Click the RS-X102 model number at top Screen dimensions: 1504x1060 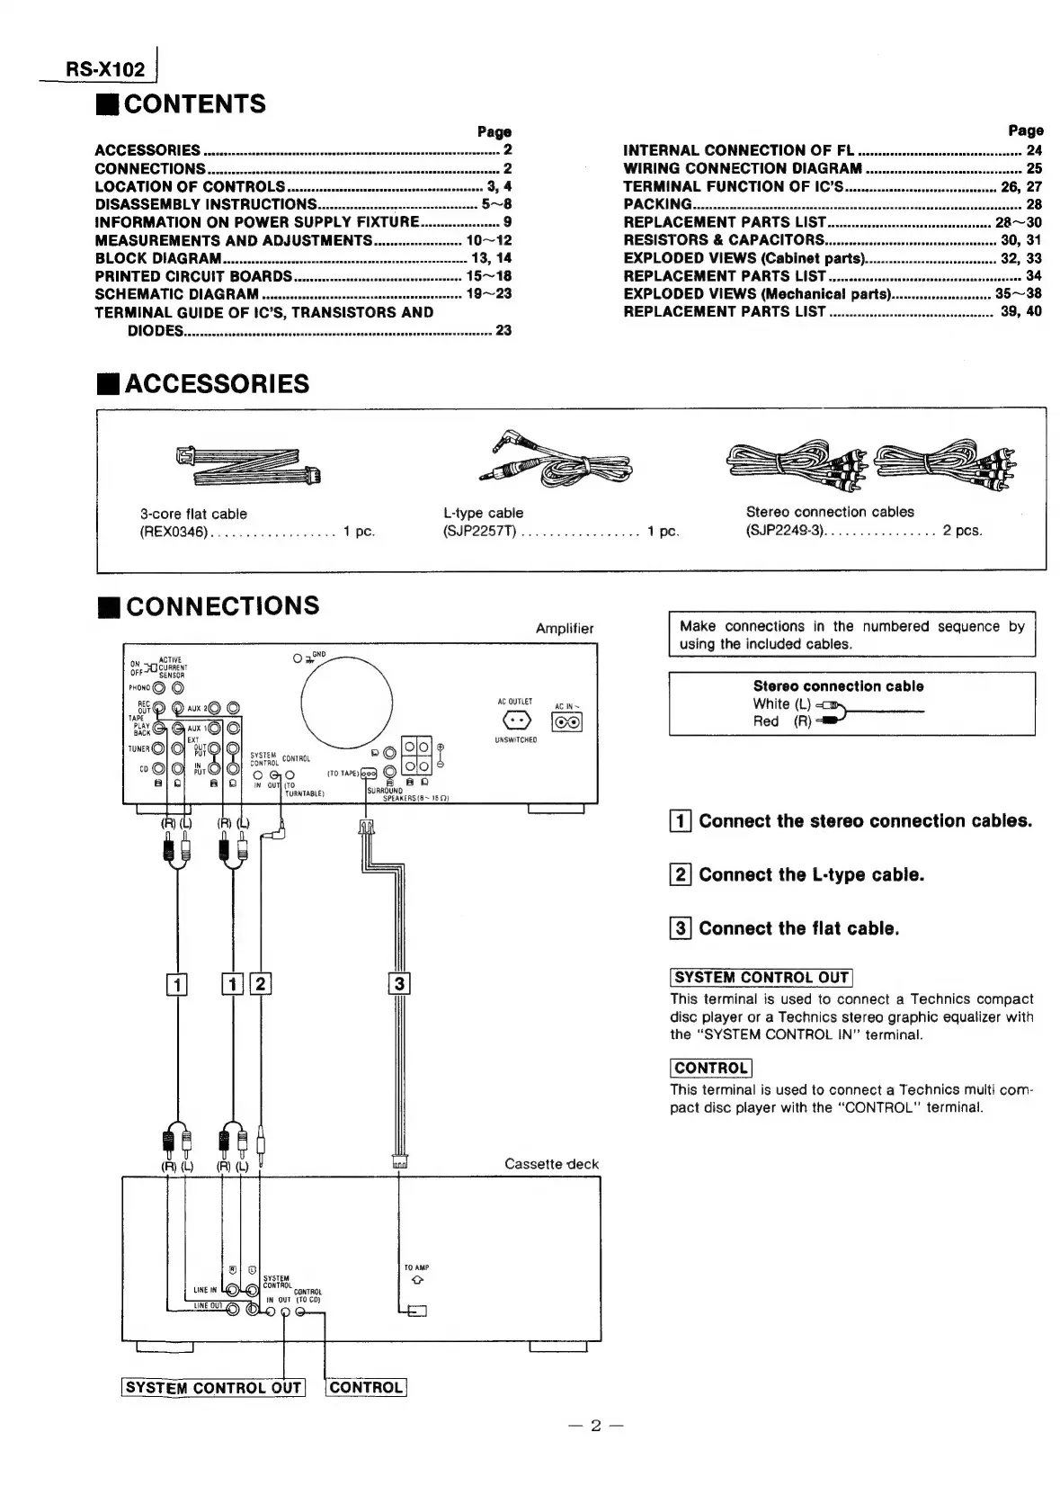point(104,69)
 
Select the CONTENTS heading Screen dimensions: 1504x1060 point(194,104)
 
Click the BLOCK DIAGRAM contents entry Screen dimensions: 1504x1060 point(158,258)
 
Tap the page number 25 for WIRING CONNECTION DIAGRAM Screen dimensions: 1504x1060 point(1034,168)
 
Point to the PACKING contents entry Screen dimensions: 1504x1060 point(657,204)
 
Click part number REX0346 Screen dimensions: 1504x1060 point(174,532)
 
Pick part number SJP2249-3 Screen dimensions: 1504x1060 point(784,531)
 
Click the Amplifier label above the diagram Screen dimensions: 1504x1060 point(564,629)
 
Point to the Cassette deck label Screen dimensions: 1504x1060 point(551,1164)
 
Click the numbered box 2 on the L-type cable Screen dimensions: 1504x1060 point(260,983)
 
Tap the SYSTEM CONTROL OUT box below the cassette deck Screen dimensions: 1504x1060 point(213,1388)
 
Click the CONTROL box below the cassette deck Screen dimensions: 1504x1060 point(366,1388)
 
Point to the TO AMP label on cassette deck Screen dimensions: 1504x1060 point(416,1267)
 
